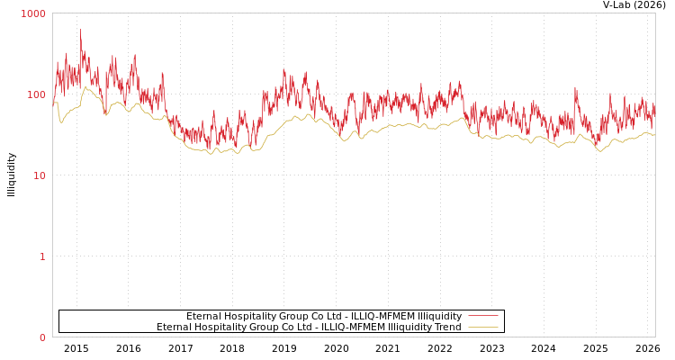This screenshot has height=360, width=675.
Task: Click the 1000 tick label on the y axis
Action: coord(33,14)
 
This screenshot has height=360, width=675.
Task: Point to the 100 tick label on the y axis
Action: coord(36,95)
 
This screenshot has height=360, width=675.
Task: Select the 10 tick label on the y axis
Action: coord(39,176)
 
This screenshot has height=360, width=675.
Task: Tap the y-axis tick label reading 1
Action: coord(41,257)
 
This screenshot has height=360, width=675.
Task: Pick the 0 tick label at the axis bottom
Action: coord(41,338)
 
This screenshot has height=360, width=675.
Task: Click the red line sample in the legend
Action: coord(482,317)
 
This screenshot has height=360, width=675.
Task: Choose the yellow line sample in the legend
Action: coord(482,328)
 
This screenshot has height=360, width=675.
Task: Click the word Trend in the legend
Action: coord(447,328)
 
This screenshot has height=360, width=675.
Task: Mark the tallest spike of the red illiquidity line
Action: coord(80,31)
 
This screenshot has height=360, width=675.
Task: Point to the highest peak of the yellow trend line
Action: coord(85,87)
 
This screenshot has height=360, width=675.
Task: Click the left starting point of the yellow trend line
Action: coord(53,103)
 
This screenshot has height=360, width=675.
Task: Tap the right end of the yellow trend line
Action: coord(654,135)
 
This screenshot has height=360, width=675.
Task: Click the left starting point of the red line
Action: coord(53,94)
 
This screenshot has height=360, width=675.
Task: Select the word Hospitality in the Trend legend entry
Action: coord(220,328)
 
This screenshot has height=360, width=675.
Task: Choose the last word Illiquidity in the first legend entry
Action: coord(440,317)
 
